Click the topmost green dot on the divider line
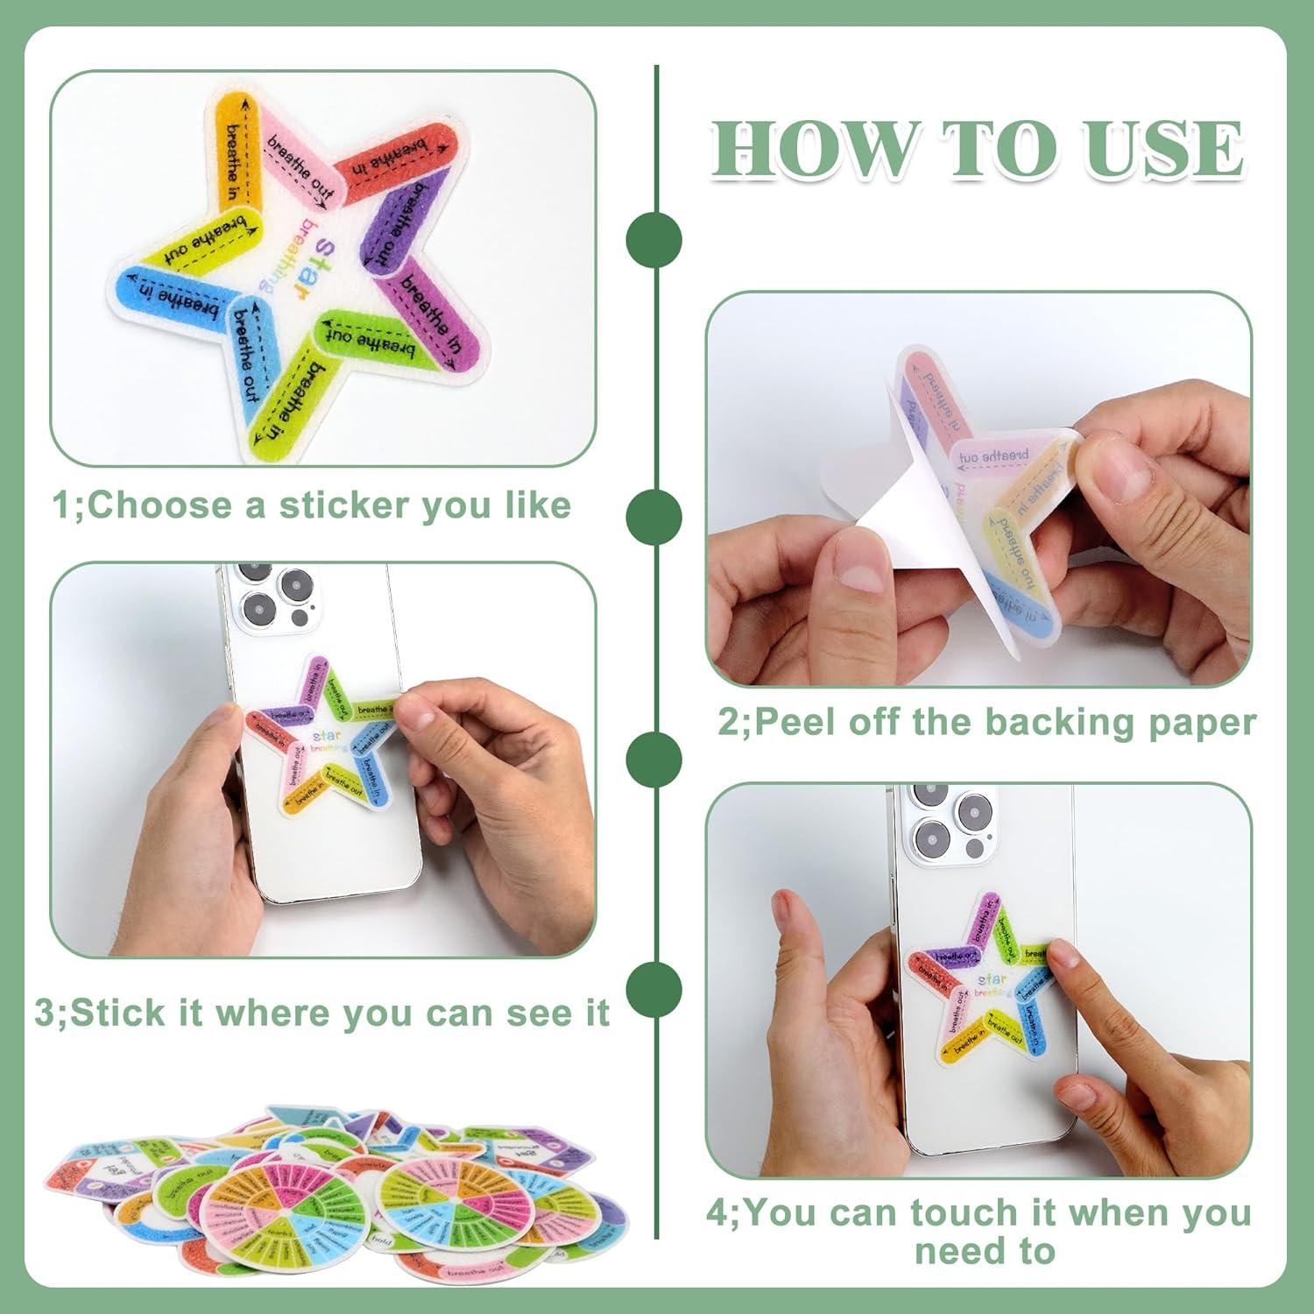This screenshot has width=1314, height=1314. pyautogui.click(x=654, y=239)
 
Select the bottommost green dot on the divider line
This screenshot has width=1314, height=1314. pyautogui.click(x=654, y=988)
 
